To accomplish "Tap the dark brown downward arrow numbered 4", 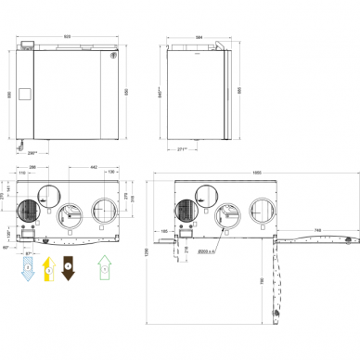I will click(x=67, y=271).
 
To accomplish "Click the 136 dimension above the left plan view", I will click(x=111, y=173).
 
